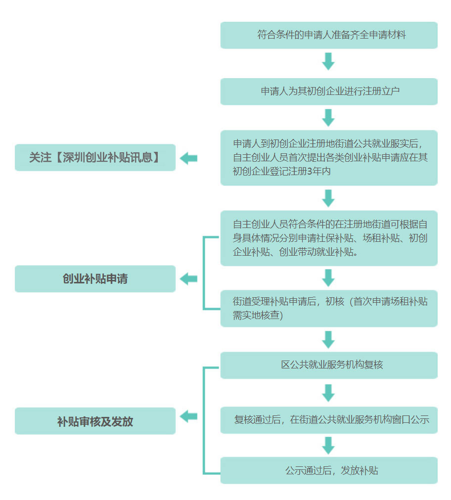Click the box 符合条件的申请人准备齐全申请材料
329,35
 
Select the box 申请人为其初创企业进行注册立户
329,91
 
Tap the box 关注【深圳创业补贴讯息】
95,158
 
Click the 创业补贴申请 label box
95,278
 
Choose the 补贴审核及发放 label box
95,421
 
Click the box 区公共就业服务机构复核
329,365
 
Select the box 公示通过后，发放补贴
329,470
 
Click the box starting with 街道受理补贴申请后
329,308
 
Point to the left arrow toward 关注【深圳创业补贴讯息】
188,158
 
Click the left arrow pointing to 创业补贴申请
188,279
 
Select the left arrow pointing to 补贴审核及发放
188,416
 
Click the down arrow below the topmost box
328,62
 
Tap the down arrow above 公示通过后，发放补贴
328,445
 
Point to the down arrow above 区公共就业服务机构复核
328,340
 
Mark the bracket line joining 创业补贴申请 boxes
204,273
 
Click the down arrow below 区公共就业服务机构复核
328,393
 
